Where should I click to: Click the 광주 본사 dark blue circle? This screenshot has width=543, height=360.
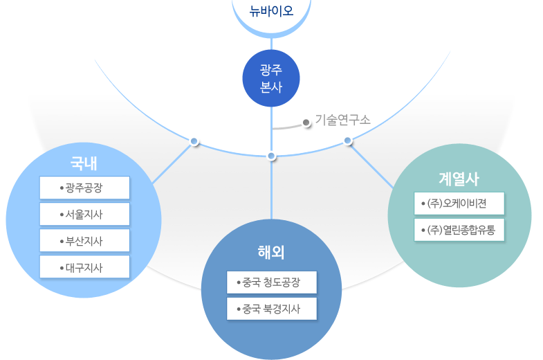(271, 78)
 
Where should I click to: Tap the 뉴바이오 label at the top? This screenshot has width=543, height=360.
(271, 12)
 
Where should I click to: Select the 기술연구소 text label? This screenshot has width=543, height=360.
(343, 119)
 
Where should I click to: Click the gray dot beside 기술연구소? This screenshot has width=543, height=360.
(306, 123)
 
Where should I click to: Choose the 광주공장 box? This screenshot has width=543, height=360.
(84, 188)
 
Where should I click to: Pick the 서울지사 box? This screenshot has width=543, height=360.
(84, 214)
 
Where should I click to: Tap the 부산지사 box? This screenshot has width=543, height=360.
(84, 240)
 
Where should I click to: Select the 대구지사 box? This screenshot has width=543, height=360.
(84, 267)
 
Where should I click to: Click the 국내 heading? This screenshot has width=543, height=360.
(84, 164)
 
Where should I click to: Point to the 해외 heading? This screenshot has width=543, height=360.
(271, 251)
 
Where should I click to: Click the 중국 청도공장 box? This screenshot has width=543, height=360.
(272, 282)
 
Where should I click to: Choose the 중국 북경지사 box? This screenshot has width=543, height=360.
(272, 309)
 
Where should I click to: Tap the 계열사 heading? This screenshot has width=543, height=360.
(459, 178)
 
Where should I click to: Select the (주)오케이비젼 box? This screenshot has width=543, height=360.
(459, 204)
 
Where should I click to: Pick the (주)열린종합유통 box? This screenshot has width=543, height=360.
(459, 230)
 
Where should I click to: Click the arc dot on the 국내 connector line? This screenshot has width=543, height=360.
(194, 141)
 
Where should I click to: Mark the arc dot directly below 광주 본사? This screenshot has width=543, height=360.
(271, 156)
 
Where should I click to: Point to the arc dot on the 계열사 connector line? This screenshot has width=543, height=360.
(348, 141)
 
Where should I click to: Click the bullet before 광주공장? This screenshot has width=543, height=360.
(62, 188)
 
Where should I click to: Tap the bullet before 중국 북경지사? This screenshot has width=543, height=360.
(239, 309)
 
